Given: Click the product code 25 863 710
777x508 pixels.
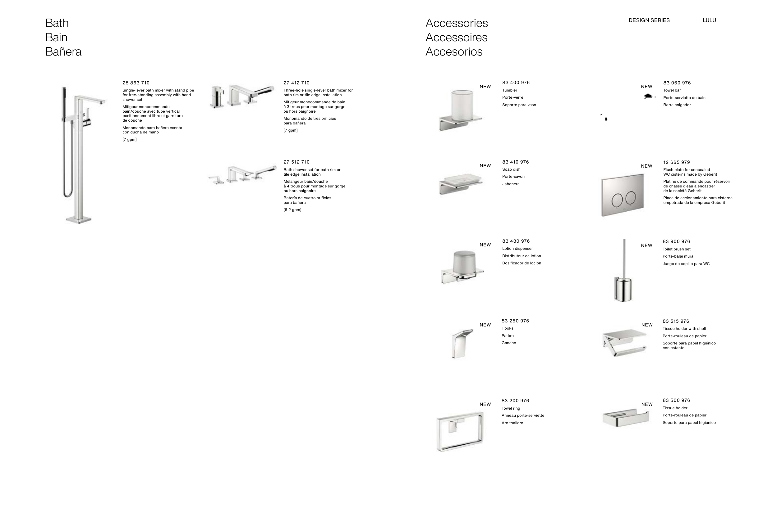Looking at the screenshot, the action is click(136, 83).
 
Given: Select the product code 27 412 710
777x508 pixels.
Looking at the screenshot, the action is click(297, 83).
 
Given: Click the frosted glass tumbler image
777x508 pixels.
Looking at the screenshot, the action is click(462, 105).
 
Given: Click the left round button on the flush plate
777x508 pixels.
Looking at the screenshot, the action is click(617, 200).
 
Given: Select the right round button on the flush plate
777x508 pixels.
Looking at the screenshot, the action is click(631, 198).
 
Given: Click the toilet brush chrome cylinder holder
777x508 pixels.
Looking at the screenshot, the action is click(623, 289).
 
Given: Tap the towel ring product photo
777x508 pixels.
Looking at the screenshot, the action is click(460, 431).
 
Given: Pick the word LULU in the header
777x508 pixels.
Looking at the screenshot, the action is click(709, 20).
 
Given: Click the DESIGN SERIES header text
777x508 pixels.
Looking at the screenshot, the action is click(649, 20).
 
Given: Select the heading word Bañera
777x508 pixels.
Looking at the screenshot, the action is click(63, 52).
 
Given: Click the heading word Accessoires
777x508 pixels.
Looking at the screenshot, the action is click(456, 37).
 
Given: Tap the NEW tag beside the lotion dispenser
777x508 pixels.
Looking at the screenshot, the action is click(485, 245).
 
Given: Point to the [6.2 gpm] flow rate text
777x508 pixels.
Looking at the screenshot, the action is click(292, 210).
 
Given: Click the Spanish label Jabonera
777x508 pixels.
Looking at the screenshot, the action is click(511, 184).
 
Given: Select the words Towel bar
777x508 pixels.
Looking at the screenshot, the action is click(672, 90).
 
